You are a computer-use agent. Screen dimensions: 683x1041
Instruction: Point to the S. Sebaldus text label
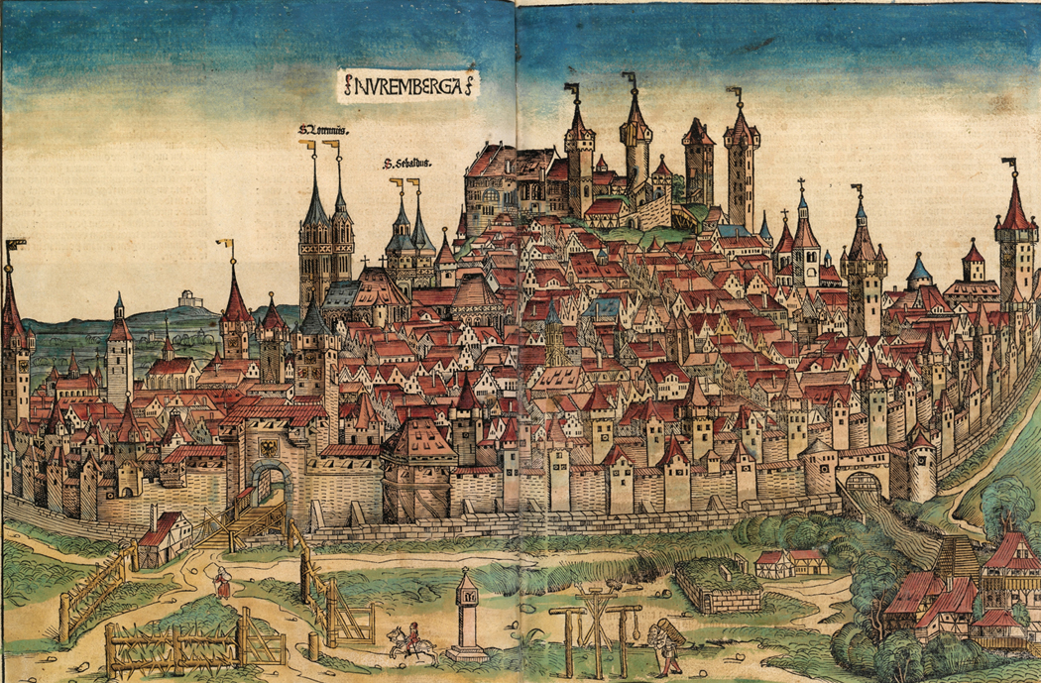click(409, 166)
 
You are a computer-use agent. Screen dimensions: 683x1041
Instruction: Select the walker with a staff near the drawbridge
click(224, 584)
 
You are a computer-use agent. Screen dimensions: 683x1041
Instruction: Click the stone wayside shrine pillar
click(464, 615)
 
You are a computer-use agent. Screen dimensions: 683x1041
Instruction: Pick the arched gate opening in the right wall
click(864, 485)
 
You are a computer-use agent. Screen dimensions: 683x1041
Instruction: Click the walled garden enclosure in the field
click(718, 586)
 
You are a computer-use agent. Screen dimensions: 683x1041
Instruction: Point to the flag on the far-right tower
click(1009, 164)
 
